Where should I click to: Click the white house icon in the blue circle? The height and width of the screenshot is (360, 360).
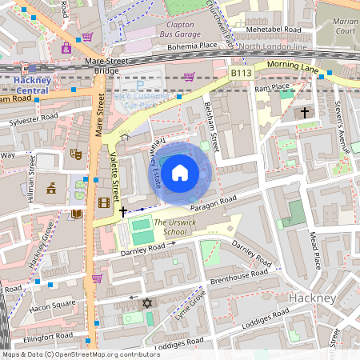[181, 172]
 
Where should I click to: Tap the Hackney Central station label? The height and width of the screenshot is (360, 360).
[31, 85]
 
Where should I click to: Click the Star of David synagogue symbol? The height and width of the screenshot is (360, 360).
[146, 303]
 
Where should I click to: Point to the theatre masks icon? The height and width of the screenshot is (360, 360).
[77, 153]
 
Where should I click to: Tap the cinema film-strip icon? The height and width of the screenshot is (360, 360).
[103, 202]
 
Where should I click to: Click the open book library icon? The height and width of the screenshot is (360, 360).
[77, 214]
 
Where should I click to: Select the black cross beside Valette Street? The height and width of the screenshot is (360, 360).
[122, 212]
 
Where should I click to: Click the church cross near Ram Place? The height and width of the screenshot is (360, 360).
[305, 114]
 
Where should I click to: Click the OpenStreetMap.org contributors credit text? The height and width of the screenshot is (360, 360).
[102, 354]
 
